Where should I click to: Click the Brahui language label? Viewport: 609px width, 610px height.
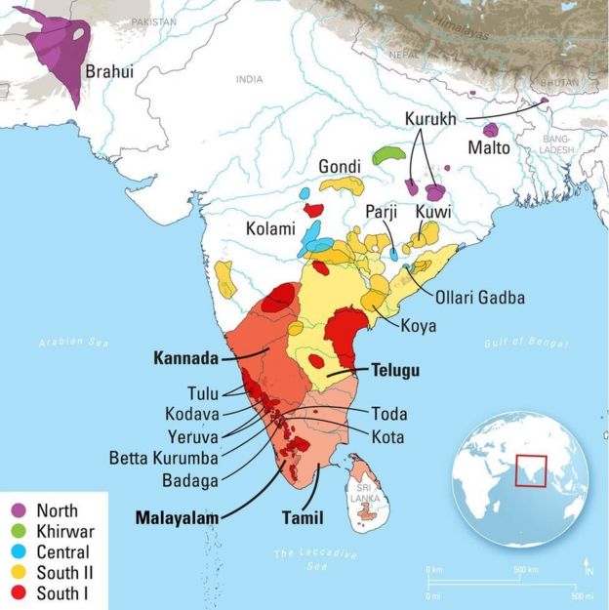pos(111,71)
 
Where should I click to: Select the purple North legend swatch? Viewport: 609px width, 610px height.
pos(20,510)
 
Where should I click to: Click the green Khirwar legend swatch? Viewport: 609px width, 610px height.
pos(20,531)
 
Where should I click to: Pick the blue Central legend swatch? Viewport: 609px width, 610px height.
pos(20,551)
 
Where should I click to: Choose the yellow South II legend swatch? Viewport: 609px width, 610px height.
pos(20,572)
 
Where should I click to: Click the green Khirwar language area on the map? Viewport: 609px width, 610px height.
pos(387,154)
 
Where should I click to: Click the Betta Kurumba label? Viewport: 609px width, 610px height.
pos(163,458)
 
